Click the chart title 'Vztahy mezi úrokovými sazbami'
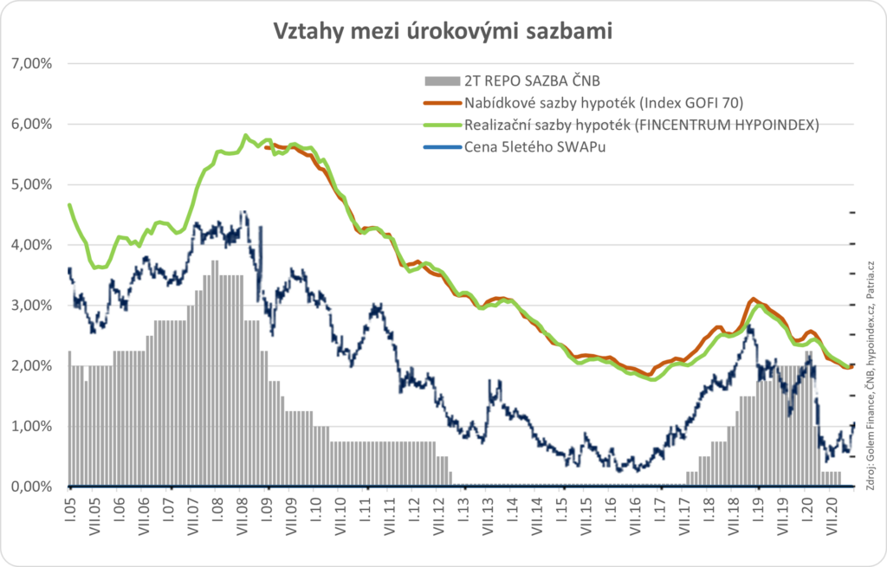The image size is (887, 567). coord(443,31)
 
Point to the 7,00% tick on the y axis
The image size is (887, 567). coord(31,64)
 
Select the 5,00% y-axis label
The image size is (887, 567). coord(31,184)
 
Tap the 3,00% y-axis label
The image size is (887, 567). coord(31,306)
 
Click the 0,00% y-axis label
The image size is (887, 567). coord(31,486)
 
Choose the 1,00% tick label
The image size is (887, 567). coord(31,426)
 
